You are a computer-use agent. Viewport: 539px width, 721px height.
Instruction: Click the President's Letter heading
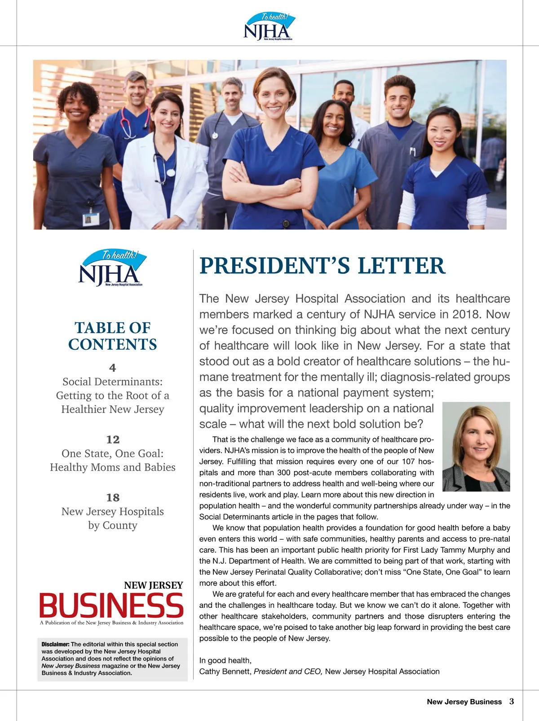(x=322, y=266)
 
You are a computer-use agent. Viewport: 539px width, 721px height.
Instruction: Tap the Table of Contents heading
(x=113, y=336)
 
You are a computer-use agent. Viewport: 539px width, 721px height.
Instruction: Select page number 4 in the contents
(x=113, y=368)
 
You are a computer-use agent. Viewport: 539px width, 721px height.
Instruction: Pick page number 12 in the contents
(x=113, y=440)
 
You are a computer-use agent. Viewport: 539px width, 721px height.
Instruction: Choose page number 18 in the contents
(x=113, y=497)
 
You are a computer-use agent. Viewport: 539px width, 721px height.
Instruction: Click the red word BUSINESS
(x=111, y=605)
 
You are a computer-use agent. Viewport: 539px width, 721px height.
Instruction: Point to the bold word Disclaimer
(x=55, y=644)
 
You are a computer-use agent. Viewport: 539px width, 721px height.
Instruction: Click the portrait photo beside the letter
(x=476, y=446)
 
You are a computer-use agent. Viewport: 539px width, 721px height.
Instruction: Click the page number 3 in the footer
(x=512, y=701)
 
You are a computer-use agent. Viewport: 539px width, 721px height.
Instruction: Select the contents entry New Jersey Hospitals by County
(x=113, y=518)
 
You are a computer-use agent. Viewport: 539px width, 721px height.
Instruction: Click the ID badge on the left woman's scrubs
(x=90, y=219)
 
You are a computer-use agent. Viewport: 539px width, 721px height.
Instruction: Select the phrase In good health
(x=225, y=660)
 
